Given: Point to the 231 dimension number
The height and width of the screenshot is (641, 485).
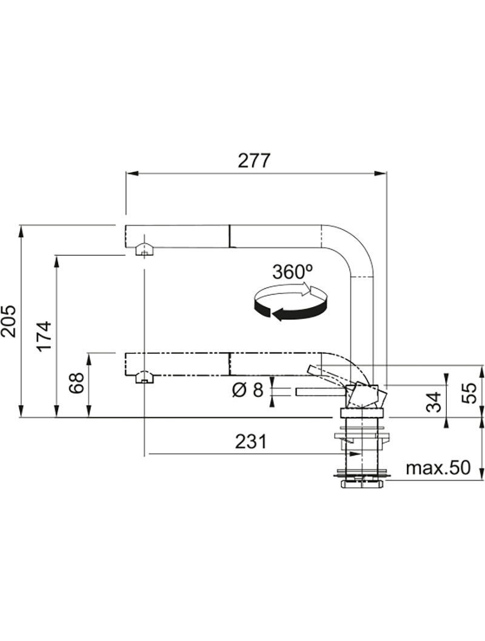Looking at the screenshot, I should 250,442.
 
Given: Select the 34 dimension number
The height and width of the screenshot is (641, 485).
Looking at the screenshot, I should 434,400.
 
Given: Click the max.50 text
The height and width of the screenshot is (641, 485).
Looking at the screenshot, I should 438,468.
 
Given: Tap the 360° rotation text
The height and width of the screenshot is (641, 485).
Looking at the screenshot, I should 292,272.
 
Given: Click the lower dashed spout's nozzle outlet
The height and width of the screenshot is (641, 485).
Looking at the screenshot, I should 142,377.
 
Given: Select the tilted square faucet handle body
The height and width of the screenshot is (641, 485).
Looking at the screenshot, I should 365,396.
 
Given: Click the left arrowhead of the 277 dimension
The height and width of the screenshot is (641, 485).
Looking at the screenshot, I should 129,174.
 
